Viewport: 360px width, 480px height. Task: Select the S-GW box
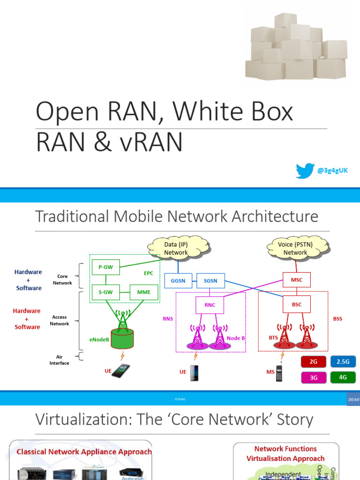coord(105,292)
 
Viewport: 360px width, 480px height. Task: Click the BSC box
coord(296,305)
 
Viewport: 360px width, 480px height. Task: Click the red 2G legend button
coord(314,362)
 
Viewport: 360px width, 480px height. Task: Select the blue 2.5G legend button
coord(343,362)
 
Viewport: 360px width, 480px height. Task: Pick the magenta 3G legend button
coord(314,377)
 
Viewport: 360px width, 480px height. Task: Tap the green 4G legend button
coord(343,377)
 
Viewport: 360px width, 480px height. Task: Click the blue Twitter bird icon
coord(305,171)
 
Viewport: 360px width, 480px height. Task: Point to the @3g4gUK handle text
coord(332,171)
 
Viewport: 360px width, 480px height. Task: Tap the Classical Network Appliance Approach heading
coord(84,452)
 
